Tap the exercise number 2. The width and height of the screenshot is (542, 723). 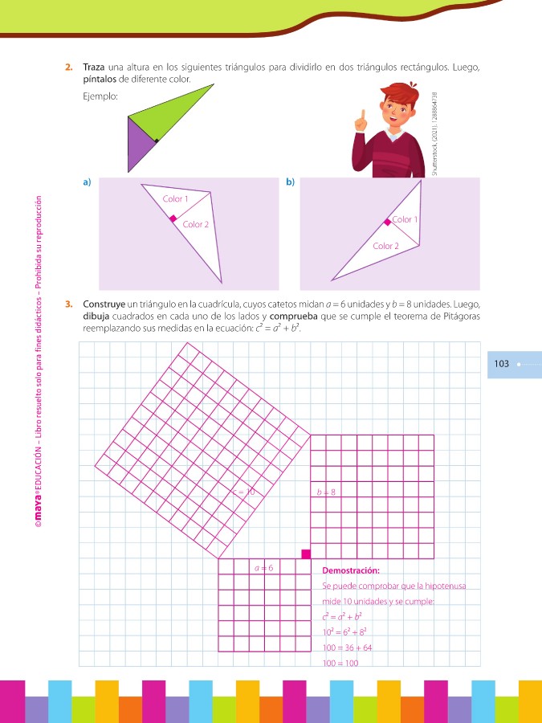click(x=70, y=67)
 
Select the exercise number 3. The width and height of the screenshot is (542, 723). click(x=70, y=304)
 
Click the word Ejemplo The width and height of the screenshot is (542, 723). click(x=100, y=97)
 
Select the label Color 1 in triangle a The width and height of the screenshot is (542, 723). click(x=175, y=198)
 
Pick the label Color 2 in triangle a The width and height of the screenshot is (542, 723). click(x=195, y=224)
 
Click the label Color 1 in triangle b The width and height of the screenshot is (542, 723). click(x=405, y=219)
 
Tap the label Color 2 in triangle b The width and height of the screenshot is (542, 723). click(x=385, y=246)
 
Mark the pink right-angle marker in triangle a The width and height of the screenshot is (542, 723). click(x=173, y=217)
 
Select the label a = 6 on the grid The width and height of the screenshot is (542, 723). click(x=263, y=568)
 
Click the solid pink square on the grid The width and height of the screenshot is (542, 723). click(x=306, y=553)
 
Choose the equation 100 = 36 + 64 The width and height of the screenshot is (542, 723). click(x=347, y=647)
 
